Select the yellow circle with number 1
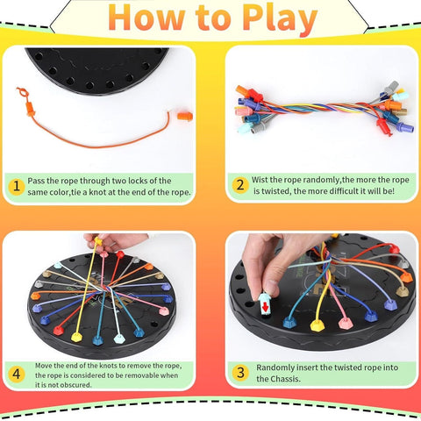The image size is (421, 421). click(x=15, y=185)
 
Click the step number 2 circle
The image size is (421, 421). click(x=239, y=185)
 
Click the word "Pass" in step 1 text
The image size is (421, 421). click(x=37, y=178)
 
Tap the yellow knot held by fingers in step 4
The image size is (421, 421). click(x=99, y=242)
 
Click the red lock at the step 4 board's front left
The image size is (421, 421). click(x=58, y=329)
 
